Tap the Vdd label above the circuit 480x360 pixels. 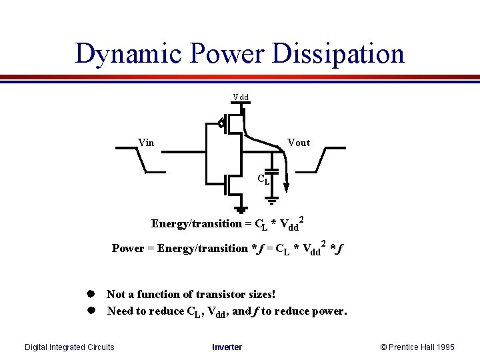[241, 97]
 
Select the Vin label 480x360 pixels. [146, 142]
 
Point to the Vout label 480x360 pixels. [298, 143]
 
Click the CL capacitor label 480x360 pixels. [264, 179]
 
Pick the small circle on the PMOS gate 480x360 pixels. [220, 123]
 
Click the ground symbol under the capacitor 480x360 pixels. [272, 198]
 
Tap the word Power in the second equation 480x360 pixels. [128, 248]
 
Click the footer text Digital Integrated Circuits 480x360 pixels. [69, 347]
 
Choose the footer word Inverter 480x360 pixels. [227, 347]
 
